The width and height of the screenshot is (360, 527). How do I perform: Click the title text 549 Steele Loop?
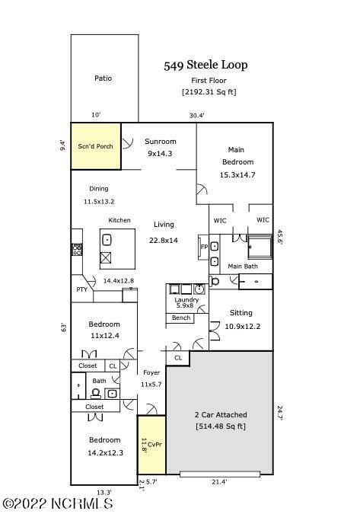coord(205,65)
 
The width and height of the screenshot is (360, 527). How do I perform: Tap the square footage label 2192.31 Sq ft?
coord(208,92)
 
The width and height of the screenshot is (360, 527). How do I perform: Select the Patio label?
coord(104,78)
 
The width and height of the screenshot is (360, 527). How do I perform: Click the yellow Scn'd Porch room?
coord(96,145)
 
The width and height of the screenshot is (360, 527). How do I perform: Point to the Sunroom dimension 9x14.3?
coord(160,153)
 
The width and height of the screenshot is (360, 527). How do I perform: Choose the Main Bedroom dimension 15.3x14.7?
coord(237,175)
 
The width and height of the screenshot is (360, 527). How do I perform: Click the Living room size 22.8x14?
coord(164,240)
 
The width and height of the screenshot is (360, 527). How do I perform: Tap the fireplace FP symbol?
coord(203,248)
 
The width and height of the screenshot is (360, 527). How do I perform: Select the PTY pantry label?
coord(81,290)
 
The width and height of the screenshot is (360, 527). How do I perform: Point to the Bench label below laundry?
coord(181,318)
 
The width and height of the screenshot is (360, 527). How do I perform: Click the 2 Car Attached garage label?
coord(220,414)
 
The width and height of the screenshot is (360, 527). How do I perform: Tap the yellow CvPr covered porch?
coord(151,444)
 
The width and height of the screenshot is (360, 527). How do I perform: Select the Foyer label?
coord(151,372)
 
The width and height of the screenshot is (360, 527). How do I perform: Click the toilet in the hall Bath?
coord(96,393)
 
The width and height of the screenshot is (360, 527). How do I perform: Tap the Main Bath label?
coord(243,267)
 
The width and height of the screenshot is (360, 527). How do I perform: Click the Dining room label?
coord(98,189)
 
